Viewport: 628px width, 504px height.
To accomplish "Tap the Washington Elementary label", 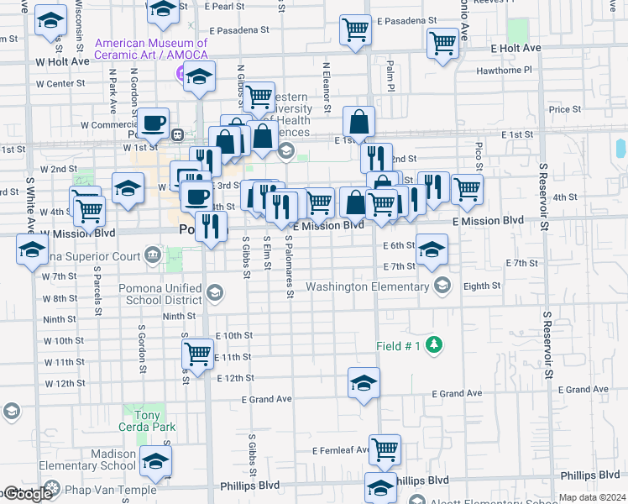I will coord(367,286).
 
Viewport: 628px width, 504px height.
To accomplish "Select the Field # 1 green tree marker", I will coord(434,344).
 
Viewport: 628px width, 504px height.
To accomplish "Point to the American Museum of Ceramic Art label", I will coord(151,49).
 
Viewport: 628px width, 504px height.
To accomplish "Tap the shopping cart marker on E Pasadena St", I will coord(355,30).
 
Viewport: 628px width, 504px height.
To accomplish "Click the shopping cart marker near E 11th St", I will coord(197,354).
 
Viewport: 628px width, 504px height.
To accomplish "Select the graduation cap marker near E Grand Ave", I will coord(364,383).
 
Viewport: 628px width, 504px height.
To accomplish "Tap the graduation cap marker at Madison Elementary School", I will coord(155,460).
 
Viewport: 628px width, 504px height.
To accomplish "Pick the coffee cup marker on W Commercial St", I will coord(154,123).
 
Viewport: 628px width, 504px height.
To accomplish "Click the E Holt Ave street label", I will coord(512,49).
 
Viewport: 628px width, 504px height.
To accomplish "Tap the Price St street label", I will coord(564,109).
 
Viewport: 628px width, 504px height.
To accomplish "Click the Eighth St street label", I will coord(482,286).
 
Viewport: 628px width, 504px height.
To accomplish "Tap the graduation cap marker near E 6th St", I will coord(432,249).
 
